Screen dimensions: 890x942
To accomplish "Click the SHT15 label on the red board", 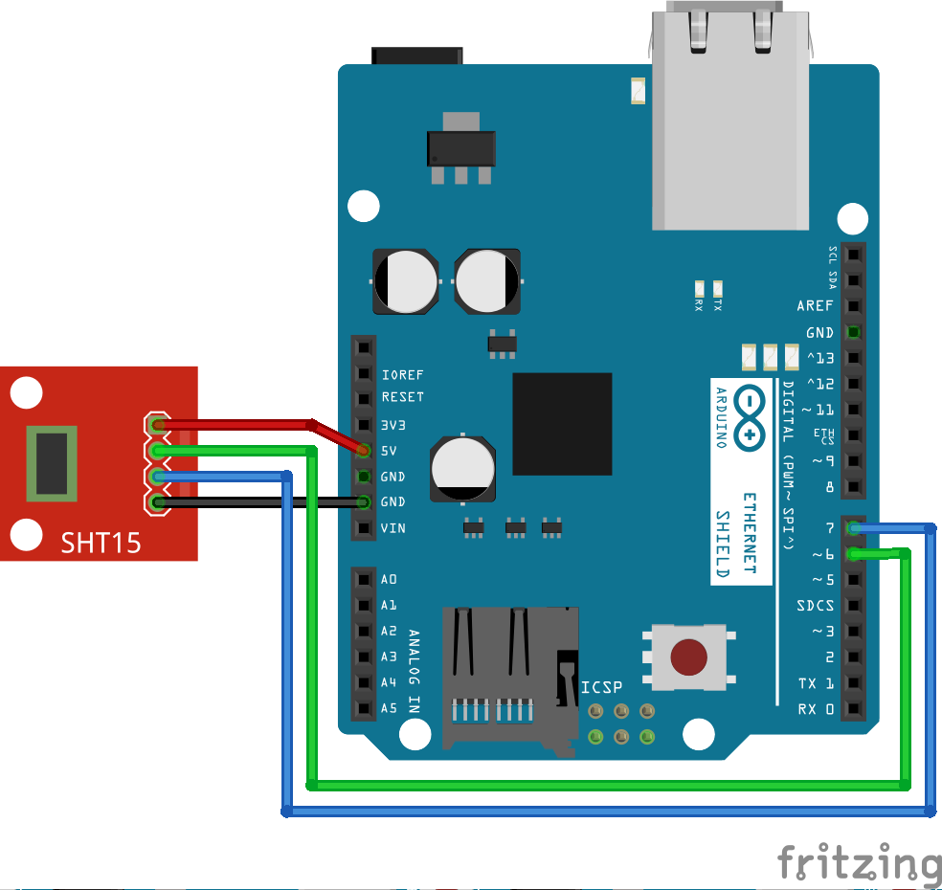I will point(101,543).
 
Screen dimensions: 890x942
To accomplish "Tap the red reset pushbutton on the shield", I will point(689,657).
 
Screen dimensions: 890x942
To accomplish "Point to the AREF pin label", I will point(816,306).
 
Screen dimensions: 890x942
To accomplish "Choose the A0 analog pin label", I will point(389,580).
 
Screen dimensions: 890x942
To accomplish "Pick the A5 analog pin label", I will point(389,709).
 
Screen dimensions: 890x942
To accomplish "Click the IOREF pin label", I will point(402,375).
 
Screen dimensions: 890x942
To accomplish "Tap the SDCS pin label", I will point(815,606).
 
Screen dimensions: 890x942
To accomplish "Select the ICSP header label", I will point(601,687).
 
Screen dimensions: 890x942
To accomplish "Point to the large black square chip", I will point(562,424).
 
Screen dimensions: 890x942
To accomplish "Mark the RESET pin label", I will point(402,397).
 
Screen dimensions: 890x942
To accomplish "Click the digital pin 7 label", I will point(828,528).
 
